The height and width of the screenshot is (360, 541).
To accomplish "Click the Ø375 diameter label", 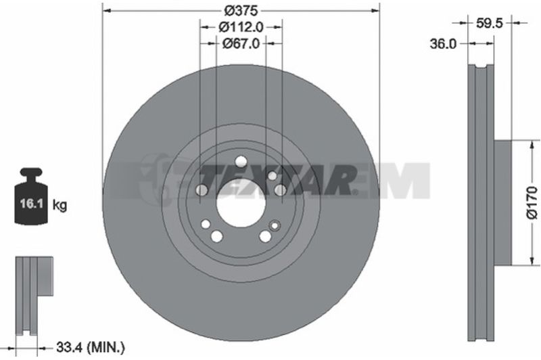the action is pyautogui.click(x=241, y=11).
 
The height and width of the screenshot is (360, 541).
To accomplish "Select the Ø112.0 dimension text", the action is pyautogui.click(x=241, y=27).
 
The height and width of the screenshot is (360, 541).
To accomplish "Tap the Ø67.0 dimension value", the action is pyautogui.click(x=241, y=43).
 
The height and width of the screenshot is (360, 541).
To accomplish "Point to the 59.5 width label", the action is pyautogui.click(x=489, y=23).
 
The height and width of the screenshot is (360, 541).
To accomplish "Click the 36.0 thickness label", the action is pyautogui.click(x=443, y=44).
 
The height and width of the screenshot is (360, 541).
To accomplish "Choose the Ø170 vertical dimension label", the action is pyautogui.click(x=532, y=202).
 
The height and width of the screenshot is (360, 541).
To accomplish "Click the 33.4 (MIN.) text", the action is pyautogui.click(x=90, y=348).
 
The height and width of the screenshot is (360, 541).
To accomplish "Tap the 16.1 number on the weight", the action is pyautogui.click(x=31, y=204).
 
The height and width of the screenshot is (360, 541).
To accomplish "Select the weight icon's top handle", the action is pyautogui.click(x=31, y=173).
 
